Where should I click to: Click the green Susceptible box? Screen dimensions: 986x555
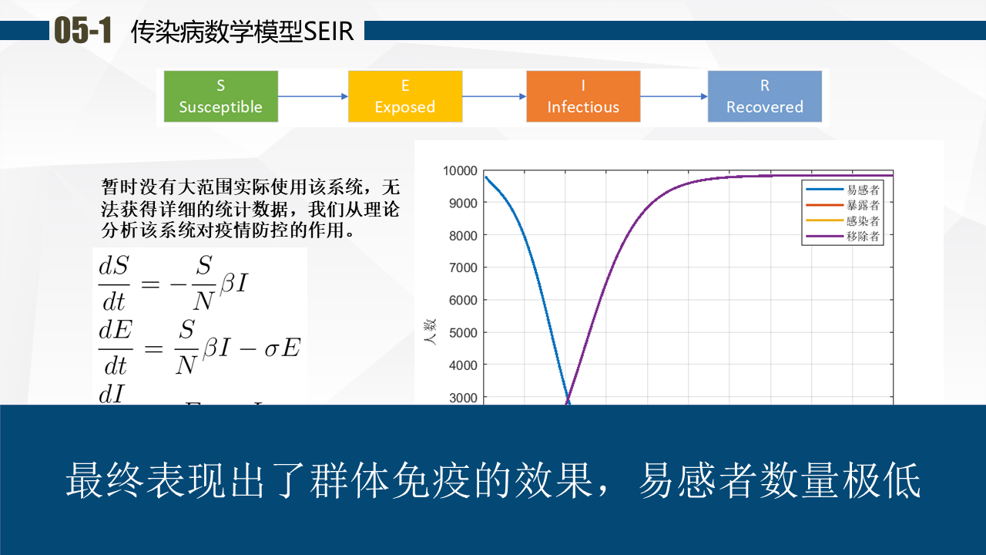(221, 96)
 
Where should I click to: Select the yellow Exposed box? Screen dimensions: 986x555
(405, 96)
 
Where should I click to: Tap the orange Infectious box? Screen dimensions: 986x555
(583, 96)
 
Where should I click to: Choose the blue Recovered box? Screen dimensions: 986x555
(765, 96)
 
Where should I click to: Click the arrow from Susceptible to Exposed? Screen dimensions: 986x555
(313, 96)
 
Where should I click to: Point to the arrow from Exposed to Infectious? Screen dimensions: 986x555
(495, 96)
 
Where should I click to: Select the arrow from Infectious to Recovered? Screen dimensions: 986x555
(674, 96)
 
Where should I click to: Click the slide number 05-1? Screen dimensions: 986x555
(82, 30)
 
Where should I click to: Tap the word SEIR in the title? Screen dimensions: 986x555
(328, 32)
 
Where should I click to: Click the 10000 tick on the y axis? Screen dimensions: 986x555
(460, 170)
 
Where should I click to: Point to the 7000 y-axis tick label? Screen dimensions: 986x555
(463, 267)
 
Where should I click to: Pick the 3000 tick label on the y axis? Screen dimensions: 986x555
(463, 398)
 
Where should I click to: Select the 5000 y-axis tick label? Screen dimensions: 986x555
(463, 332)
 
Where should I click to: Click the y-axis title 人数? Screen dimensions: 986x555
(430, 332)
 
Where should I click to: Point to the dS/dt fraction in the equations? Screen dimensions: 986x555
(113, 284)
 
